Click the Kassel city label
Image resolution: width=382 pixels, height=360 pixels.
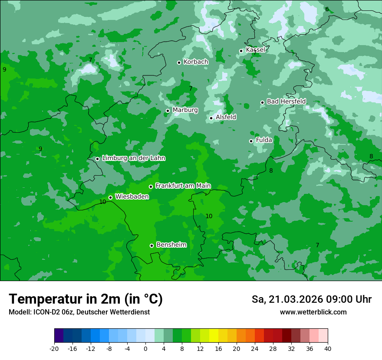coord(255,50)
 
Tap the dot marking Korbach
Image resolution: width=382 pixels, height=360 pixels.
coord(179,62)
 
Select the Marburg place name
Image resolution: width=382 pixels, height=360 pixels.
coord(185,110)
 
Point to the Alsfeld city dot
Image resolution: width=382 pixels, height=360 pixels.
coord(211,118)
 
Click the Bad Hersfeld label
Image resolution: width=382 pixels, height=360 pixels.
coord(286,101)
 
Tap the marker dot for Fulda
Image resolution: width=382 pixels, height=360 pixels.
coord(251,141)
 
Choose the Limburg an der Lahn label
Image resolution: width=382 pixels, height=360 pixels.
coord(133,158)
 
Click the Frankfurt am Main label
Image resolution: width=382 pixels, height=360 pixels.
coord(183,186)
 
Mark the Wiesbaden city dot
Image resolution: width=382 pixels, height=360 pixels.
coord(111,197)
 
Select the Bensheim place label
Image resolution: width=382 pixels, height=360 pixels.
coord(171,245)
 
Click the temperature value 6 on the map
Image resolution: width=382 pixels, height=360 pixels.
coord(327,9)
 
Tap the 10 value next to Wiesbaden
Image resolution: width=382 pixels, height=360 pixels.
coord(102,202)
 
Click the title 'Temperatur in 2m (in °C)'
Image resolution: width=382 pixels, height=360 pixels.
coord(86,299)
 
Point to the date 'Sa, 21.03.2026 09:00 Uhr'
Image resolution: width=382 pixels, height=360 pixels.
coord(311,299)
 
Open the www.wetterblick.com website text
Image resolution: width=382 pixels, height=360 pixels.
coord(313,312)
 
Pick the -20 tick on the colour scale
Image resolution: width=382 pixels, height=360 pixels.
coord(54,348)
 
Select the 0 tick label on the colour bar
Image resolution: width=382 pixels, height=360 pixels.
coord(145,348)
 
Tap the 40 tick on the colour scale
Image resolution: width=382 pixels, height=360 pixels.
coord(327,348)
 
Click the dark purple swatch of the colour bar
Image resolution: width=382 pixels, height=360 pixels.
coord(59,336)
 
